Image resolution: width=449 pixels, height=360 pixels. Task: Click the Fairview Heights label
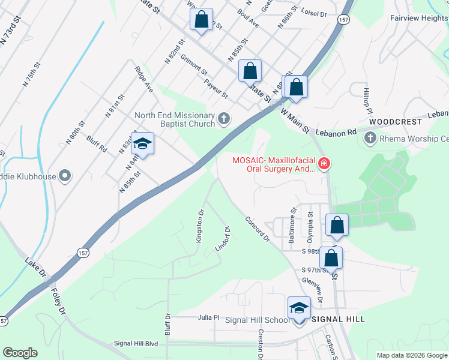point(418,18)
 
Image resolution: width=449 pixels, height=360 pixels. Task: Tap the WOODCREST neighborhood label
point(396,121)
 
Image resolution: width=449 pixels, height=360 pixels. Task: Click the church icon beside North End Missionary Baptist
point(224,119)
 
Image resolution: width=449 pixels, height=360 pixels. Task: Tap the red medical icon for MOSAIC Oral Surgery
point(324,163)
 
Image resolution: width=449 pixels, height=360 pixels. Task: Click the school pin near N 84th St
point(142,144)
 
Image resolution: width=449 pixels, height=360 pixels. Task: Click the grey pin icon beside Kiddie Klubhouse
point(65,176)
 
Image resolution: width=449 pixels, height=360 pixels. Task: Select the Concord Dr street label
point(258,228)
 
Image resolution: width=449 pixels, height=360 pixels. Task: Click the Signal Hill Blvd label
point(136,343)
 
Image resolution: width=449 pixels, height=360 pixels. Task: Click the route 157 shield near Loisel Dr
point(343,20)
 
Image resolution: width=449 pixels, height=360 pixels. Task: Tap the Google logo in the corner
point(20,353)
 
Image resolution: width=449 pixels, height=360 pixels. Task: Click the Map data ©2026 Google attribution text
point(411,355)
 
